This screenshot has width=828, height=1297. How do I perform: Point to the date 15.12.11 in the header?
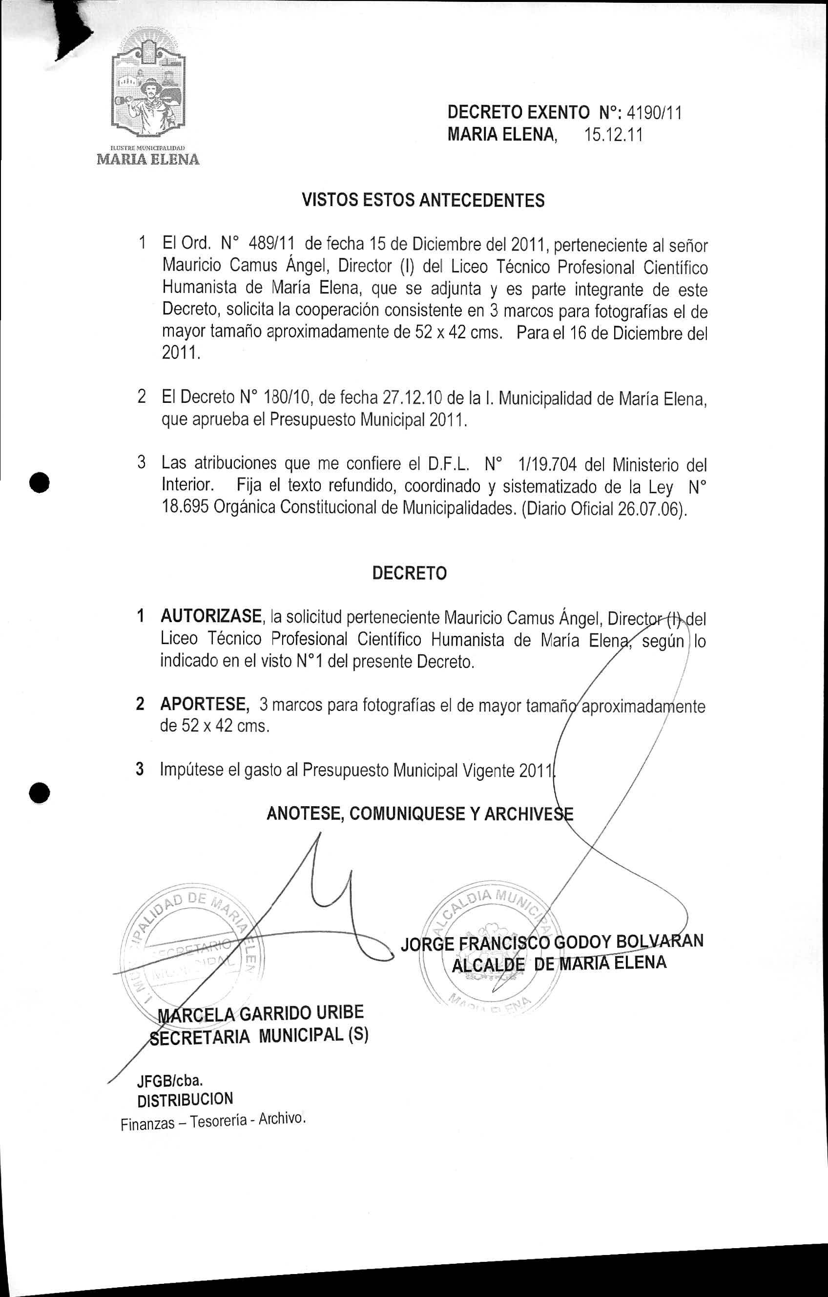coord(613,135)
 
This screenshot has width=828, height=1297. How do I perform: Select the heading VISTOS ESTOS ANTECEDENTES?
coord(423,200)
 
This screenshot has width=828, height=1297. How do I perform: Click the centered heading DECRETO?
coord(409,573)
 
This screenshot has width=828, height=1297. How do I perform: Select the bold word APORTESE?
coord(204,704)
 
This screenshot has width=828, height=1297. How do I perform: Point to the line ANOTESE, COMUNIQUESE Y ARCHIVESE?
coord(420,814)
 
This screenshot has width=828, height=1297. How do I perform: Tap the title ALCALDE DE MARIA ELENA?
coord(559,963)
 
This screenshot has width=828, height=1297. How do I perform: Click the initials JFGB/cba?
coord(170,1081)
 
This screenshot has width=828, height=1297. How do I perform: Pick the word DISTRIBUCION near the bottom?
coord(185,1099)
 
